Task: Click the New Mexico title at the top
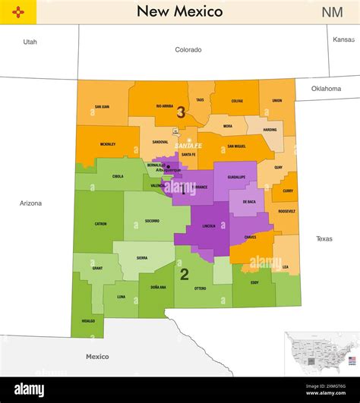point(179,11)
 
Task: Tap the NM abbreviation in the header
point(332,12)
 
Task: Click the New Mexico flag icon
point(17,12)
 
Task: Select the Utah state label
point(30,42)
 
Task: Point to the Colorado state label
point(188,50)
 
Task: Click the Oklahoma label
point(326,89)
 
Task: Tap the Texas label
point(324,239)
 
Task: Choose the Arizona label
point(30,203)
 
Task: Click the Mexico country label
point(97,357)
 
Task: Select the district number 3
point(181,112)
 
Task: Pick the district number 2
point(184,275)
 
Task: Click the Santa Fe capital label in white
point(188,146)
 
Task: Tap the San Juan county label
point(102,107)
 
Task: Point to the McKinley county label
point(108,144)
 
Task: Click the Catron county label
point(100,224)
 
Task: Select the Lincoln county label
point(209,226)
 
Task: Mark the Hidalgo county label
point(90,321)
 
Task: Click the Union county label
point(277,100)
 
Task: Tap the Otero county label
point(201,288)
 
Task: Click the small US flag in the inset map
point(352,360)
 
